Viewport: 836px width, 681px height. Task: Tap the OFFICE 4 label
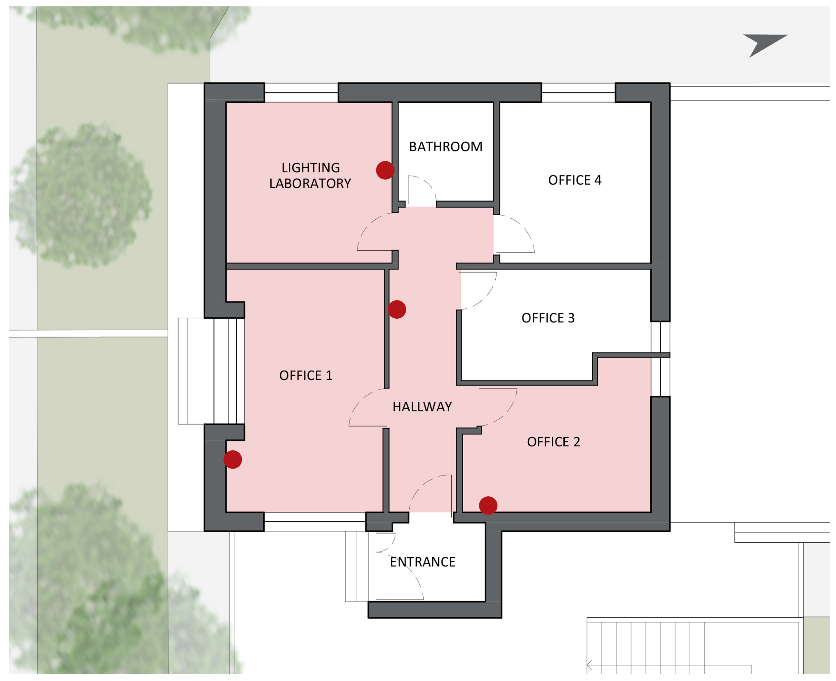574,180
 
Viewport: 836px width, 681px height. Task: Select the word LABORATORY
310,183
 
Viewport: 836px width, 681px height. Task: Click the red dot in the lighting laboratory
385,170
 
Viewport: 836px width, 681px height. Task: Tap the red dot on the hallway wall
397,309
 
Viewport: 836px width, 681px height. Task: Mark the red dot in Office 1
233,459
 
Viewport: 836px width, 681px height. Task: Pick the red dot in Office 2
488,505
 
